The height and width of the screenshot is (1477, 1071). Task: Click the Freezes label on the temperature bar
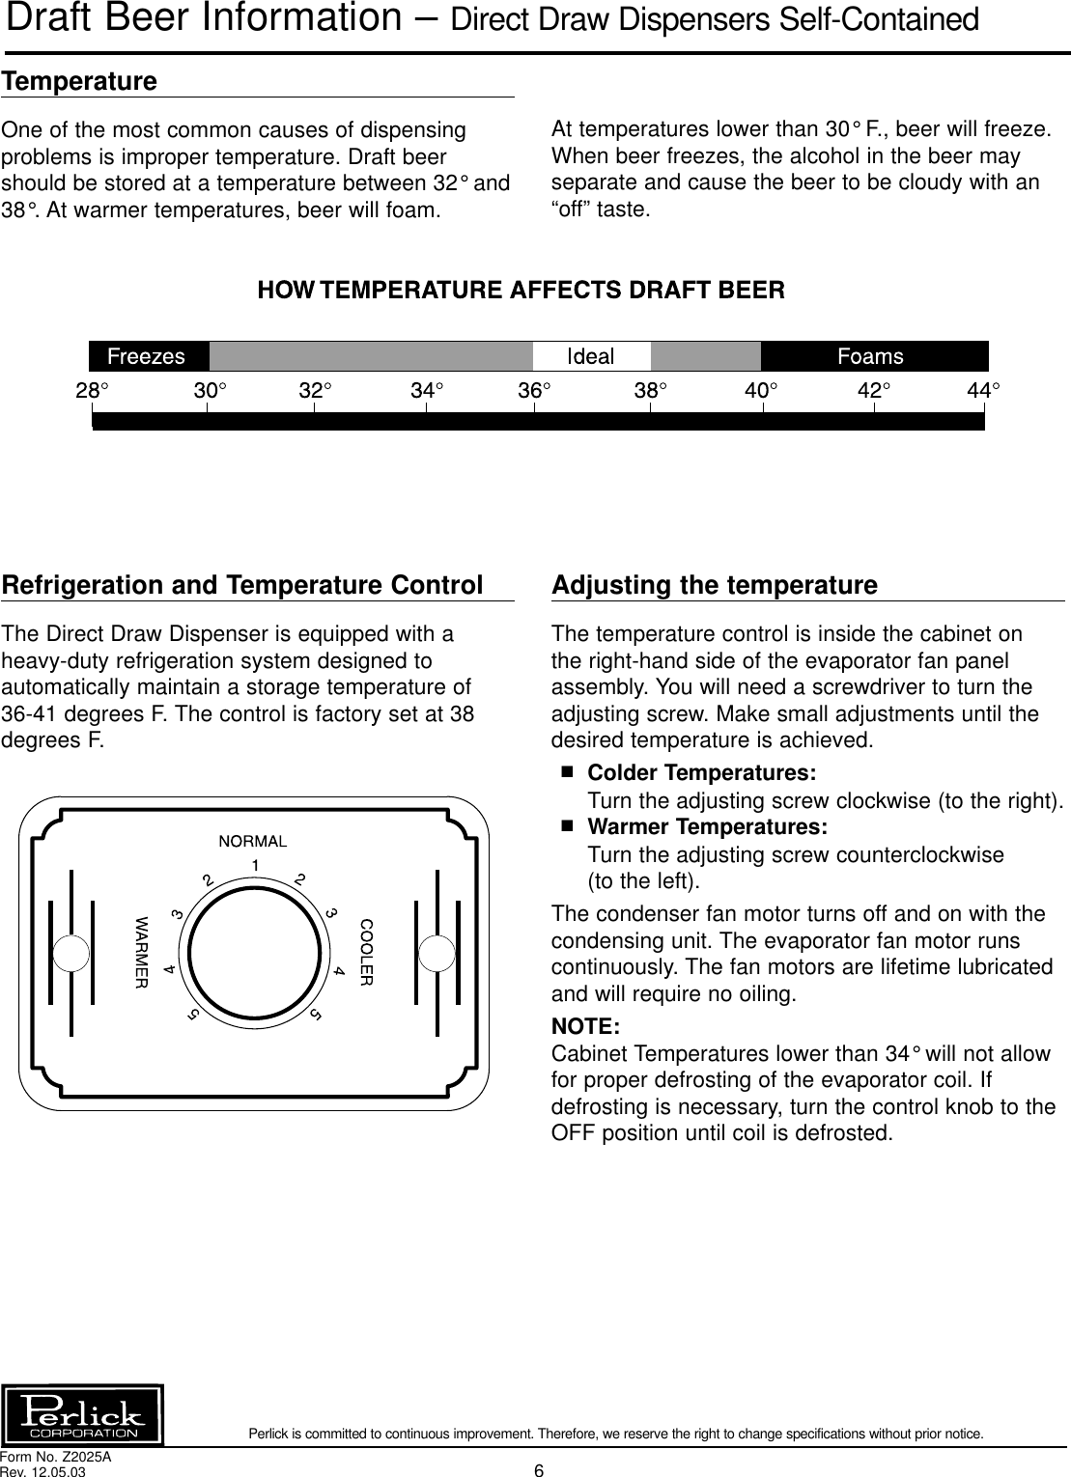click(146, 356)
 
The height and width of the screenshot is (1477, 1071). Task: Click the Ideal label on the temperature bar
click(589, 356)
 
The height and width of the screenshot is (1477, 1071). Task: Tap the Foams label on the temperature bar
click(870, 356)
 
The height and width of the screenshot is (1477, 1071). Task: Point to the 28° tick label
click(93, 391)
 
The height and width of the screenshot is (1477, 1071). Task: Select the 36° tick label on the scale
click(536, 391)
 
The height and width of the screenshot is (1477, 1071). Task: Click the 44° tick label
click(984, 391)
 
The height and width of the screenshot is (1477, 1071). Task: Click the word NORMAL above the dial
click(253, 841)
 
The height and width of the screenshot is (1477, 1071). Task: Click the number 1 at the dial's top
click(254, 864)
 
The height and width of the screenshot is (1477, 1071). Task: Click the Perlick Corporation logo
click(84, 1414)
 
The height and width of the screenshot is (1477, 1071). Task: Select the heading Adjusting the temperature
click(714, 585)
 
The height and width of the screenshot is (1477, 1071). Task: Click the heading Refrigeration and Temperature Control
click(242, 585)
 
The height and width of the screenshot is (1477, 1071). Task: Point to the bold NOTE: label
click(585, 1025)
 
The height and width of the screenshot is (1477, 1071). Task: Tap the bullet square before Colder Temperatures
click(567, 773)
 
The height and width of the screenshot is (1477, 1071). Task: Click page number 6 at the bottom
click(539, 1470)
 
